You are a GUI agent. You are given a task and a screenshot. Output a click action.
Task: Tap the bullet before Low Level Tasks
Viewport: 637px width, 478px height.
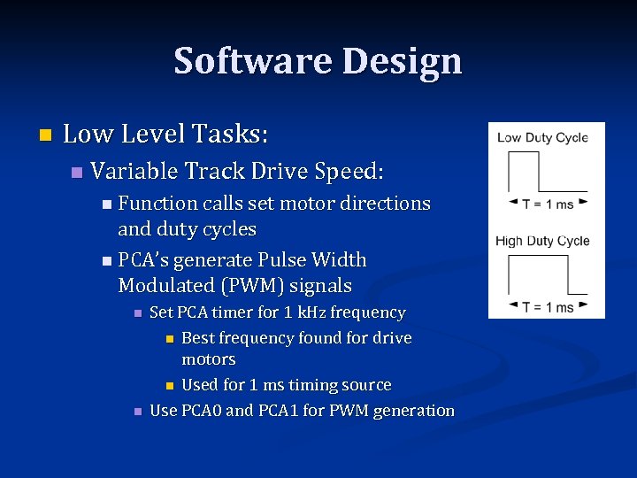point(45,135)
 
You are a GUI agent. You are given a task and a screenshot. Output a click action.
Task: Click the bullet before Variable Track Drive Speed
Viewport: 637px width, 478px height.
point(76,170)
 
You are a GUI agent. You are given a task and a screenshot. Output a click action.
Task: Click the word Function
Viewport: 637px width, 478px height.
point(157,204)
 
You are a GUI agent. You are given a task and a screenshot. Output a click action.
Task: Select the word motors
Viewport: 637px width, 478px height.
point(208,359)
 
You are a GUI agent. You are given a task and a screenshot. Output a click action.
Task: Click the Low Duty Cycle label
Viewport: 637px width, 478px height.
point(542,137)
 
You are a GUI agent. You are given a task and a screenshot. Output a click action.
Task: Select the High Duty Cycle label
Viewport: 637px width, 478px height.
point(542,241)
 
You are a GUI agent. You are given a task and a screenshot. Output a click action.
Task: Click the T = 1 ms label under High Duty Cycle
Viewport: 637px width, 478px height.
point(547,306)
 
